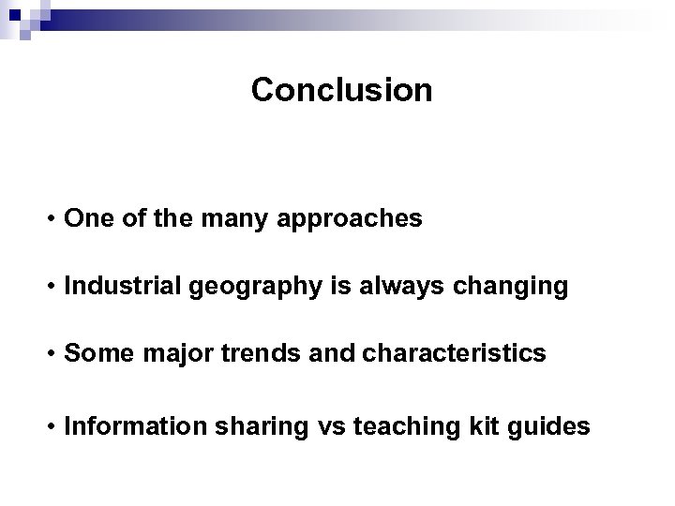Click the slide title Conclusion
342,90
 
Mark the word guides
548,427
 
